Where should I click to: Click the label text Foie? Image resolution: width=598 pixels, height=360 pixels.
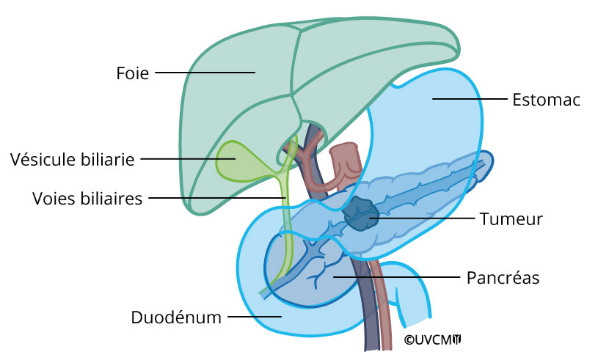pos(132,73)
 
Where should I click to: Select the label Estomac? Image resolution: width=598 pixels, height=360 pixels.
pos(546,100)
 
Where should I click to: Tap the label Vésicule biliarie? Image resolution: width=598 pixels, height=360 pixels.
pos(73,159)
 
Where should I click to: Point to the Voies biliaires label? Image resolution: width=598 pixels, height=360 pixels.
pos(87,198)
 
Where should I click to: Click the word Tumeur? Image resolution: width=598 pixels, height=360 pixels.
pos(511,218)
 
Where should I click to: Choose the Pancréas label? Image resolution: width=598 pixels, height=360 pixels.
pos(503,278)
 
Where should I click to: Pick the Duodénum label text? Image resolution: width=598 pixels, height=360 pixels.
pos(176,317)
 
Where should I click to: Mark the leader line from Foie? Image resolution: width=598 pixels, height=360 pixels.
pos(204,73)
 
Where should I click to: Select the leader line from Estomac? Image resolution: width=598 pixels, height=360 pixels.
pos(468,99)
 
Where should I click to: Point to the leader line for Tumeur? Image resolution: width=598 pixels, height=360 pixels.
pos(422,218)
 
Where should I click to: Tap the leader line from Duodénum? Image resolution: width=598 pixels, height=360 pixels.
pos(255,317)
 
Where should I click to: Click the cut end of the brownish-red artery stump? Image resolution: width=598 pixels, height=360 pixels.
pos(343,150)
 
